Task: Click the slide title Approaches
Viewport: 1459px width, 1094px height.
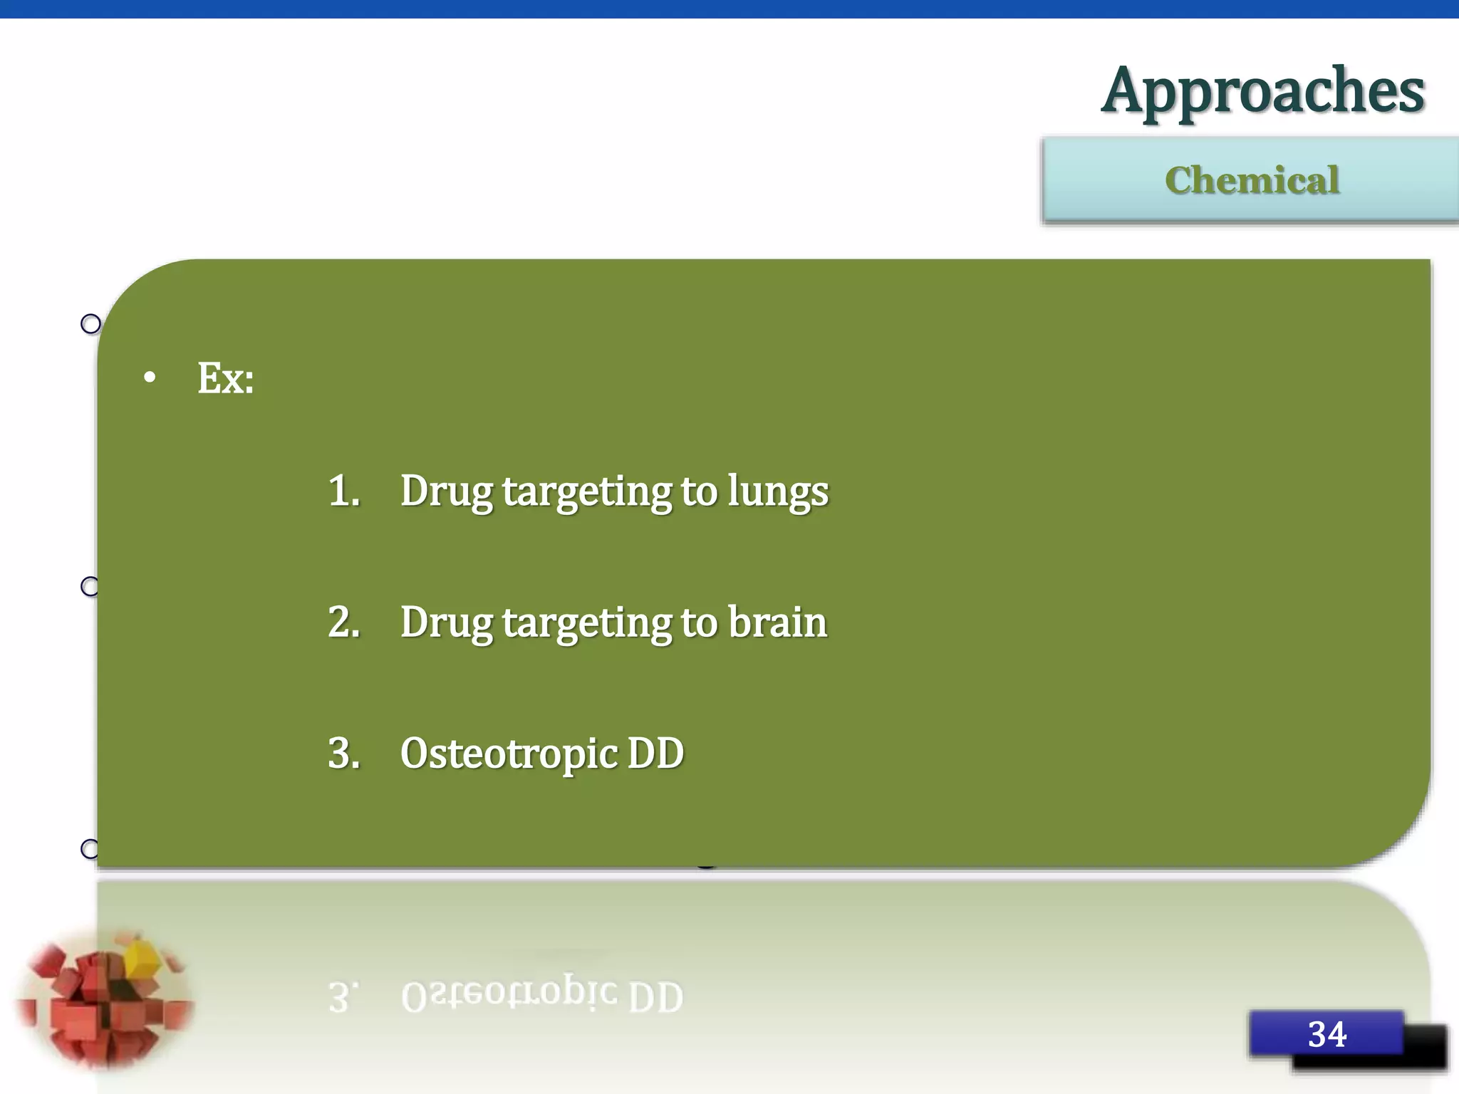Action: tap(1262, 91)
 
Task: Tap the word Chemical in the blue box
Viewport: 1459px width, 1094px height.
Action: tap(1252, 180)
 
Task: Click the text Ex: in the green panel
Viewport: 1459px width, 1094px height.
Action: tap(225, 378)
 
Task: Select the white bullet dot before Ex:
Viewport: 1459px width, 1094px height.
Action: tap(149, 378)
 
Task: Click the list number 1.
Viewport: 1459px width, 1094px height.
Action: tap(343, 491)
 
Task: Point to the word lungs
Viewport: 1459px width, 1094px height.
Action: tap(778, 492)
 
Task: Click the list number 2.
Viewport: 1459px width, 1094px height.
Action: tap(343, 622)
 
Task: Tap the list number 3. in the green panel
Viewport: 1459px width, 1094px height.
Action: tap(343, 753)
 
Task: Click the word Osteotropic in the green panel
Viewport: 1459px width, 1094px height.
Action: tap(509, 754)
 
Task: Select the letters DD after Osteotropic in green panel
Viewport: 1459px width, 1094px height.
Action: tap(655, 753)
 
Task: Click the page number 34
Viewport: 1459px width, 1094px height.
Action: tap(1326, 1033)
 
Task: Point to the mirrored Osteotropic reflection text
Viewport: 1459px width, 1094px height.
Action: tap(509, 994)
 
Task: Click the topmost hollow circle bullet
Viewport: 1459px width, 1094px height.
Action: tap(90, 324)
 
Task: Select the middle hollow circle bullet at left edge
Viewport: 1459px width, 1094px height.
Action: tap(89, 586)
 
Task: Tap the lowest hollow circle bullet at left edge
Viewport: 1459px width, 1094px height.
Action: tap(89, 848)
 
